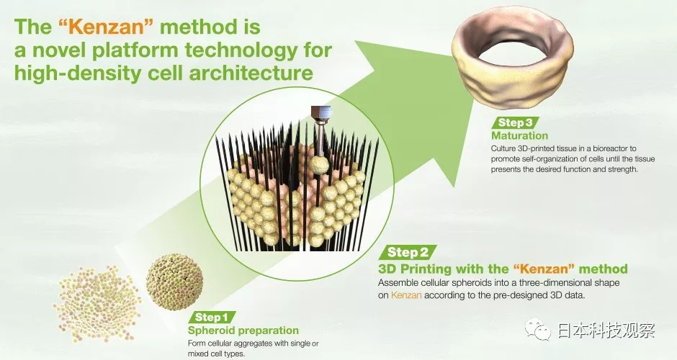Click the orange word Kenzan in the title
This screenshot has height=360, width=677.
[x=106, y=27]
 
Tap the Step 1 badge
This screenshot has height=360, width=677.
[x=212, y=318]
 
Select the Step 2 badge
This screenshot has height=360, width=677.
[x=408, y=252]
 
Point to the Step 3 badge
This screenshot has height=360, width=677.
[x=515, y=122]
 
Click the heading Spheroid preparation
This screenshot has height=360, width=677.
[x=243, y=330]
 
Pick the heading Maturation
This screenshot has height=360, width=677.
[x=519, y=135]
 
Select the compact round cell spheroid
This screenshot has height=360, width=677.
[x=174, y=282]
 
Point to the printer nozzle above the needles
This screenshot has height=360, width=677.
[x=320, y=115]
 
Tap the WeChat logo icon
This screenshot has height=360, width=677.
[x=537, y=330]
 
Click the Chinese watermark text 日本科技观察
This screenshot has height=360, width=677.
[x=606, y=330]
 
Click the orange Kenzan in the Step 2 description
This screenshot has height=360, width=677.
[x=406, y=296]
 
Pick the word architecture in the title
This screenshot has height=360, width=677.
[x=251, y=73]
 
